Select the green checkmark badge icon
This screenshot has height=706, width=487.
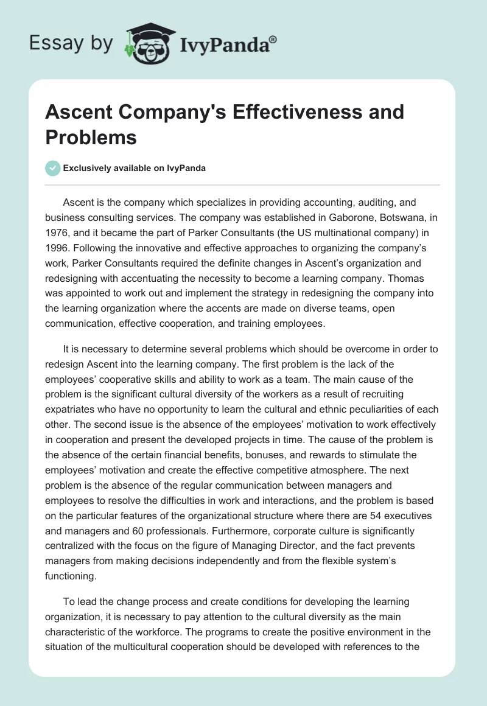click(x=53, y=168)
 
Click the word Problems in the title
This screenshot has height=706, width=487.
click(x=91, y=138)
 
